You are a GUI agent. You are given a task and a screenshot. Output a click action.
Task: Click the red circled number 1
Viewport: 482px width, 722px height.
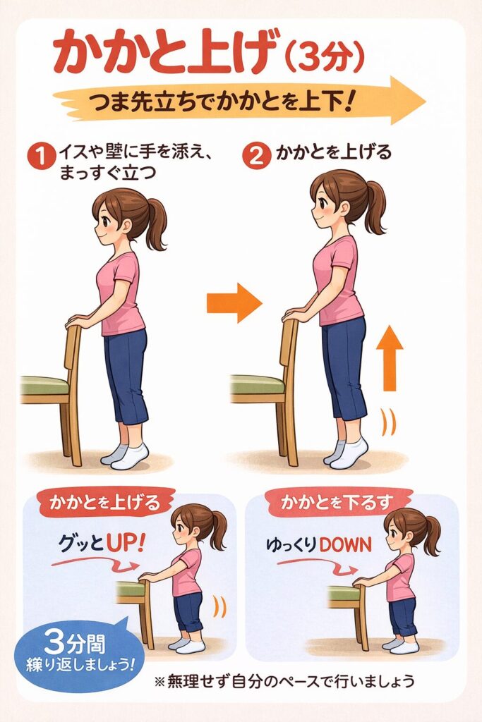(41, 157)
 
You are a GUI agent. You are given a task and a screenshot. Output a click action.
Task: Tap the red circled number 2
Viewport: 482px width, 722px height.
(256, 157)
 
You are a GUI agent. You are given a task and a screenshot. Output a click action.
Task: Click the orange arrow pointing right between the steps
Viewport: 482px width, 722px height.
(234, 302)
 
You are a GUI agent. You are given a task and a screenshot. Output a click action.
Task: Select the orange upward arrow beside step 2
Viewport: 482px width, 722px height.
(390, 358)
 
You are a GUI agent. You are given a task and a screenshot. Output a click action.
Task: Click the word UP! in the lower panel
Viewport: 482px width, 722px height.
(125, 544)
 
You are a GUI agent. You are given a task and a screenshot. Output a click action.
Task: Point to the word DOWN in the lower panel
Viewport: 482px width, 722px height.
(344, 545)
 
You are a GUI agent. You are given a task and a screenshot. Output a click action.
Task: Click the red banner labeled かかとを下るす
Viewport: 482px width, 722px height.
(337, 502)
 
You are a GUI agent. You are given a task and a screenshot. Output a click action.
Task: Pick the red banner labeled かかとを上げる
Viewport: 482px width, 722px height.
(106, 501)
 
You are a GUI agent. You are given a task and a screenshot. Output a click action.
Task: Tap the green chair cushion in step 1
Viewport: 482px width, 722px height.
(44, 385)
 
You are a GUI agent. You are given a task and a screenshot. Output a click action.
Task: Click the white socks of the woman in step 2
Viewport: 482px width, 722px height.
(347, 452)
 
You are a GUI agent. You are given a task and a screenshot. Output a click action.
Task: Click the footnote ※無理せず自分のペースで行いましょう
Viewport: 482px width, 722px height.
(284, 680)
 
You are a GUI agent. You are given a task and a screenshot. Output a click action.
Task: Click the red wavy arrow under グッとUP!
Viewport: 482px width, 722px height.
(95, 563)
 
